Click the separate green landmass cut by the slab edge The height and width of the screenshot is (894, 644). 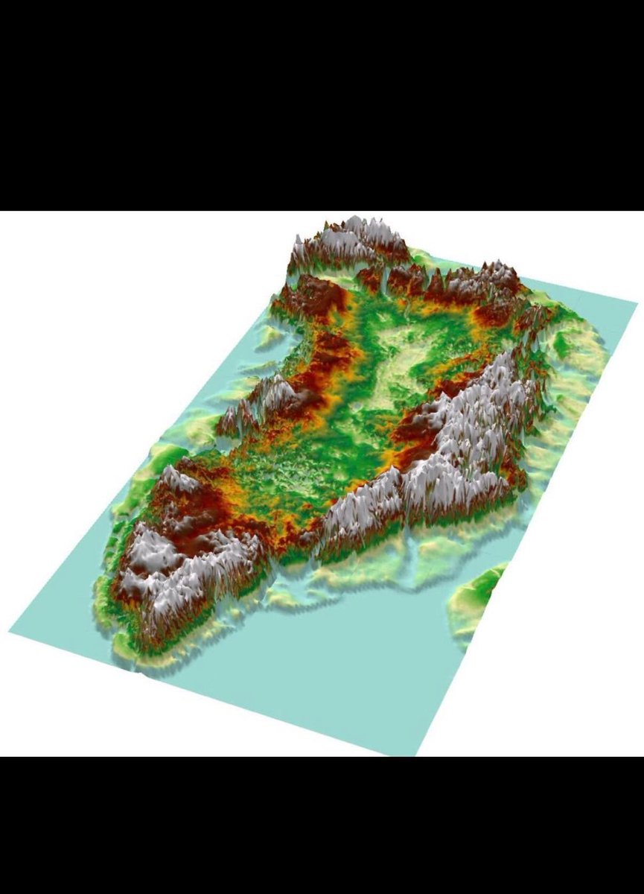point(476,596)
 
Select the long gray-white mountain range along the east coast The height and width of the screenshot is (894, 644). point(447,447)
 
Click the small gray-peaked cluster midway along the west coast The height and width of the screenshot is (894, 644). point(264,399)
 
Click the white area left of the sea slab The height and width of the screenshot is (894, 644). point(112,335)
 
